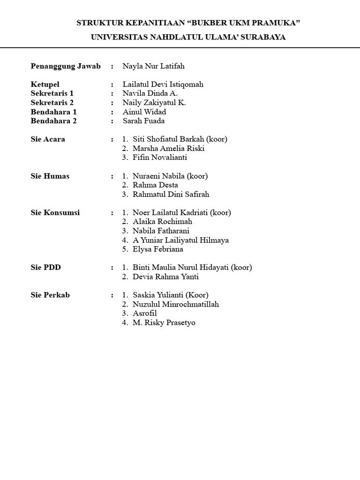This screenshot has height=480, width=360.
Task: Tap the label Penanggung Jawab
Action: coord(66,66)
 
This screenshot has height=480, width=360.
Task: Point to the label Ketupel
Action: coord(45,84)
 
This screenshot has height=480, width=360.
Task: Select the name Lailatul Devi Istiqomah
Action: coord(163,84)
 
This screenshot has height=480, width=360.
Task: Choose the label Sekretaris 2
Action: coord(52,103)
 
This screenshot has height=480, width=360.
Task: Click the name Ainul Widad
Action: coord(144,112)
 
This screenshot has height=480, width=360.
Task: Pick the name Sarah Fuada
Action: coord(143,121)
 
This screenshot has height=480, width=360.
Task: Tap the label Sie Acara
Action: coord(48,139)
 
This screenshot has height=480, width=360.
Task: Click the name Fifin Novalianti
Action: coord(160,157)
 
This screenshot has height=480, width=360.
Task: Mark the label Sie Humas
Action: coord(50,176)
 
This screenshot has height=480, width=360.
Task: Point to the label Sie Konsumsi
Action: coord(55,212)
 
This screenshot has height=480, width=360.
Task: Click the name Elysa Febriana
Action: coord(158,249)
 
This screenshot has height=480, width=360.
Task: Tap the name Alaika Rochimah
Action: coord(162,221)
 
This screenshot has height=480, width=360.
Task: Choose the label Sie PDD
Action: coord(45,267)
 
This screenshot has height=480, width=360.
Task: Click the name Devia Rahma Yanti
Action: coord(165,277)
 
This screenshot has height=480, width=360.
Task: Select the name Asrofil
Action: coord(145,313)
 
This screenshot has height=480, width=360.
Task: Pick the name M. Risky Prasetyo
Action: coord(164,322)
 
